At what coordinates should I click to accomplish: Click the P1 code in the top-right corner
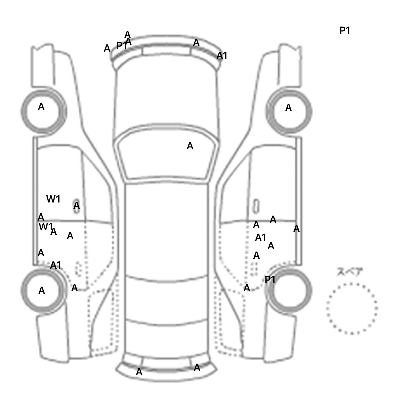345,30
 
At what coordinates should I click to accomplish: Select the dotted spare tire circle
352,308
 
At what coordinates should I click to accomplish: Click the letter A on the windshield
190,146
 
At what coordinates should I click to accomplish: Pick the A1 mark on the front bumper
222,56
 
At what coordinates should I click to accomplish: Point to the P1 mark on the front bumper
122,46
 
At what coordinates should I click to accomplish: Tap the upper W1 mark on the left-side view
53,199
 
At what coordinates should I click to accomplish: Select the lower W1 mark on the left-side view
45,227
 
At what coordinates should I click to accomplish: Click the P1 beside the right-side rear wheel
270,279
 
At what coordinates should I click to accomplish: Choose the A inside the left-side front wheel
41,107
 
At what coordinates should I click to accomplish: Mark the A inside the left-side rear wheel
42,291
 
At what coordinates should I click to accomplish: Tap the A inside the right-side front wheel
288,108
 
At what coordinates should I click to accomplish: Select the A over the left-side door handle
77,206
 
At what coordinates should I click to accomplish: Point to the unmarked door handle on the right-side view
256,206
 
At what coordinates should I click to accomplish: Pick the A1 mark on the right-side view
260,238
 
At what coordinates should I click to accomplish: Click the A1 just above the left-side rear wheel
56,265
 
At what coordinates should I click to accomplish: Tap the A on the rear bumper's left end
139,372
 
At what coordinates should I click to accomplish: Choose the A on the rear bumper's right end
197,367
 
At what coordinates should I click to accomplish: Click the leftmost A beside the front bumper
107,48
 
